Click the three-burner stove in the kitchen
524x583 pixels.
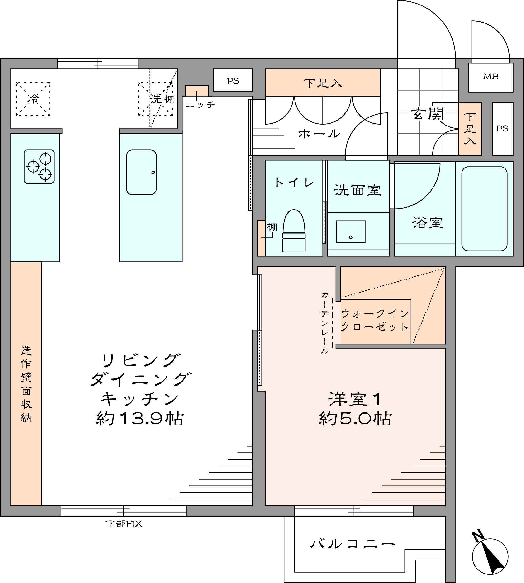click(x=39, y=167)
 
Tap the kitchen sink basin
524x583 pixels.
click(x=141, y=172)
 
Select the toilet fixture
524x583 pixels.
click(x=294, y=231)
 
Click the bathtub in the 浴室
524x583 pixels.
click(x=484, y=209)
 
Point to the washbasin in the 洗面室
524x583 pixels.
click(x=351, y=232)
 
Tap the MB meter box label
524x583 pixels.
click(x=491, y=77)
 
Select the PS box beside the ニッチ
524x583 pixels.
click(x=233, y=80)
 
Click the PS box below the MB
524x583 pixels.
click(x=502, y=129)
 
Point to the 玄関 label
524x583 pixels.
click(x=427, y=114)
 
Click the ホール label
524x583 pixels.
click(x=319, y=134)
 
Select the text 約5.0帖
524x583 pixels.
click(x=355, y=419)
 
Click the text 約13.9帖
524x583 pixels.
click(x=140, y=419)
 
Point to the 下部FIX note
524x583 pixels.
click(x=124, y=524)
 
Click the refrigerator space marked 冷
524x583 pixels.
click(x=33, y=99)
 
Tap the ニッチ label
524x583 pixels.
click(x=200, y=104)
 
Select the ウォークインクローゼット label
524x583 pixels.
click(x=375, y=320)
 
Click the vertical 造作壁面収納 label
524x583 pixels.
click(x=26, y=384)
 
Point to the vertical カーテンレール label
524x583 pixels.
click(x=325, y=322)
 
